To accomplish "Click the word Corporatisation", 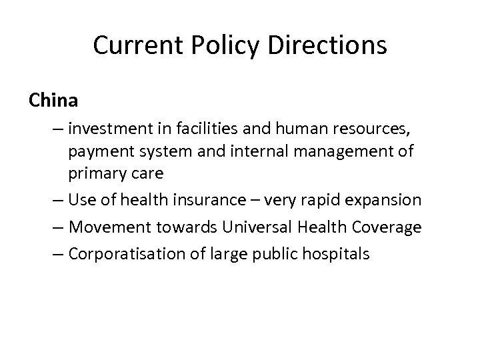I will click(x=129, y=255).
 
